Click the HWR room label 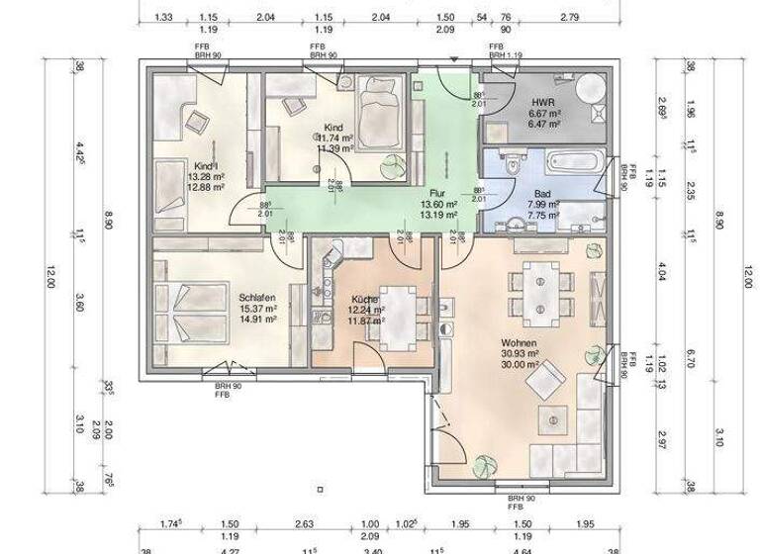(x=542, y=102)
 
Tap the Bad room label (x=542, y=194)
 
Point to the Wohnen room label (x=520, y=342)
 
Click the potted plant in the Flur (x=393, y=164)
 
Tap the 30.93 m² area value (x=520, y=353)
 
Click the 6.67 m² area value (x=545, y=114)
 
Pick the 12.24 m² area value (x=366, y=310)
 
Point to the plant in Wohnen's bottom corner (x=486, y=462)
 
